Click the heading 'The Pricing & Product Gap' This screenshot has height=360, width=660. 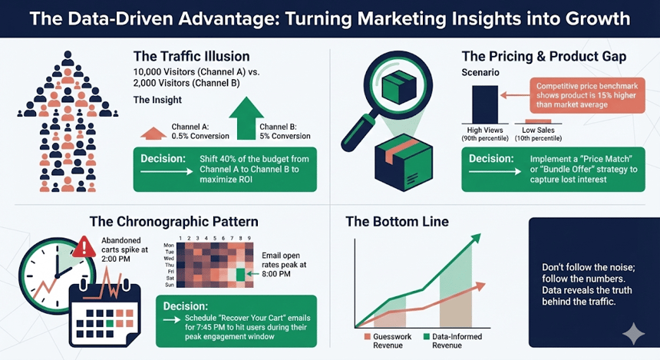[543, 57]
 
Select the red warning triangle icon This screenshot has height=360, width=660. [84, 246]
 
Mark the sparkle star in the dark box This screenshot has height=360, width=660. [633, 332]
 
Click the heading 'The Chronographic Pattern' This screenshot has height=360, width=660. [173, 222]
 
